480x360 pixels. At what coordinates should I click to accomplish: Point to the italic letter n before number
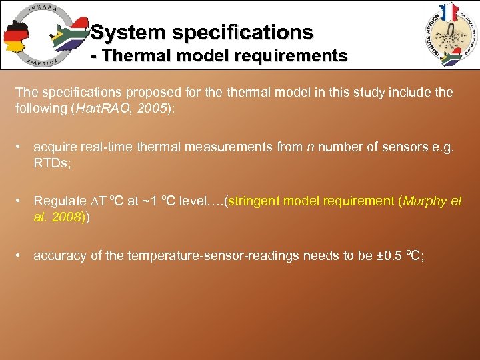point(310,147)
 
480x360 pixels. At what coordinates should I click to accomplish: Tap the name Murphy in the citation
point(424,201)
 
